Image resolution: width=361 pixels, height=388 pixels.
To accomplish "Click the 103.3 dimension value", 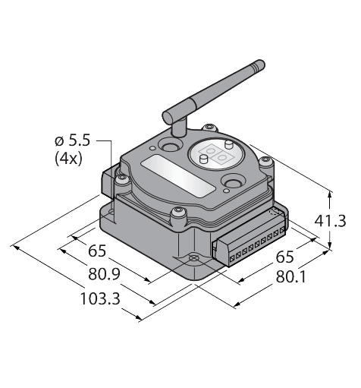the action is (100, 298).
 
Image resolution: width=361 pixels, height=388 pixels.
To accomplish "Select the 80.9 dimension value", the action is (104, 274).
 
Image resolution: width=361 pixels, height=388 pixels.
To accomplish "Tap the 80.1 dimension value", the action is (290, 276).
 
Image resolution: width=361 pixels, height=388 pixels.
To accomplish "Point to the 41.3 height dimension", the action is (330, 221).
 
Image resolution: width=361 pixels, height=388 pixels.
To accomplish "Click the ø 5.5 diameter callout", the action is (72, 140).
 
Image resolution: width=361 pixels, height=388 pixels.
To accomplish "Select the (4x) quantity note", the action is (68, 159).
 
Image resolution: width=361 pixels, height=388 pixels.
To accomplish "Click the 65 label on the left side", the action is (97, 251).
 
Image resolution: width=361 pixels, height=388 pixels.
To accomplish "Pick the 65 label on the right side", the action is (284, 257).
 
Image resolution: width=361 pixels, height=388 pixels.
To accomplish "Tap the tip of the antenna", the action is (262, 63).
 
